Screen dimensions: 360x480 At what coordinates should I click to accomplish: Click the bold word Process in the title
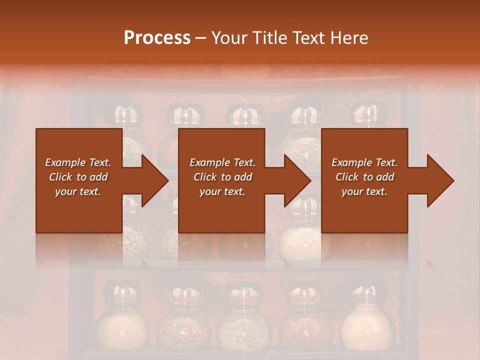157,37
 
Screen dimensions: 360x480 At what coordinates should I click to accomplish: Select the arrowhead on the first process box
155,180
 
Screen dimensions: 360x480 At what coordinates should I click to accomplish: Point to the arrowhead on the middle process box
297,180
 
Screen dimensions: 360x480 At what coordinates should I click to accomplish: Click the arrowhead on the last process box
440,180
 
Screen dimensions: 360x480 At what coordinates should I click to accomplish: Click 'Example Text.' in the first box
78,162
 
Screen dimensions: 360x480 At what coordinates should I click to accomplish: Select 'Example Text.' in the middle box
222,162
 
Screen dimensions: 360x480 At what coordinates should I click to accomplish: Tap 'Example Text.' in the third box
364,162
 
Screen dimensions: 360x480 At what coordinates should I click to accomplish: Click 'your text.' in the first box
78,191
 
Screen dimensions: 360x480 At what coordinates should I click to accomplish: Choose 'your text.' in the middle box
222,191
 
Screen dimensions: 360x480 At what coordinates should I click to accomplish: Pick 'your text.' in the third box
364,191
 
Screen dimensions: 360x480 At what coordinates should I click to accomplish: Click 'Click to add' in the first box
78,177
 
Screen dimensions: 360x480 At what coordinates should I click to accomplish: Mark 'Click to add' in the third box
364,177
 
